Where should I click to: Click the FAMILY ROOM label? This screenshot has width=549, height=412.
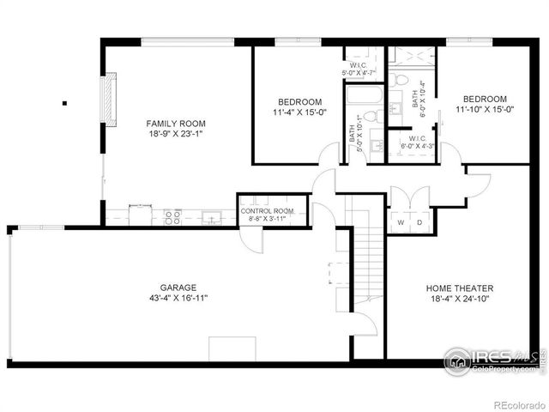(176, 123)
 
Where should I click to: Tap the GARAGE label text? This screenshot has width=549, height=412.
(178, 288)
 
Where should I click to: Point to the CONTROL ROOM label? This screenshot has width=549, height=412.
(267, 211)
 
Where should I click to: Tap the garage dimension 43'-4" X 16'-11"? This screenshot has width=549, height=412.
(178, 298)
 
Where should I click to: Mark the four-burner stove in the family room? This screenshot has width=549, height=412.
(172, 216)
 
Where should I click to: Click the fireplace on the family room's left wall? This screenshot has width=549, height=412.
(109, 100)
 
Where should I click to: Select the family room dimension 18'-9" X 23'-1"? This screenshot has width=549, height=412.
(176, 134)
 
